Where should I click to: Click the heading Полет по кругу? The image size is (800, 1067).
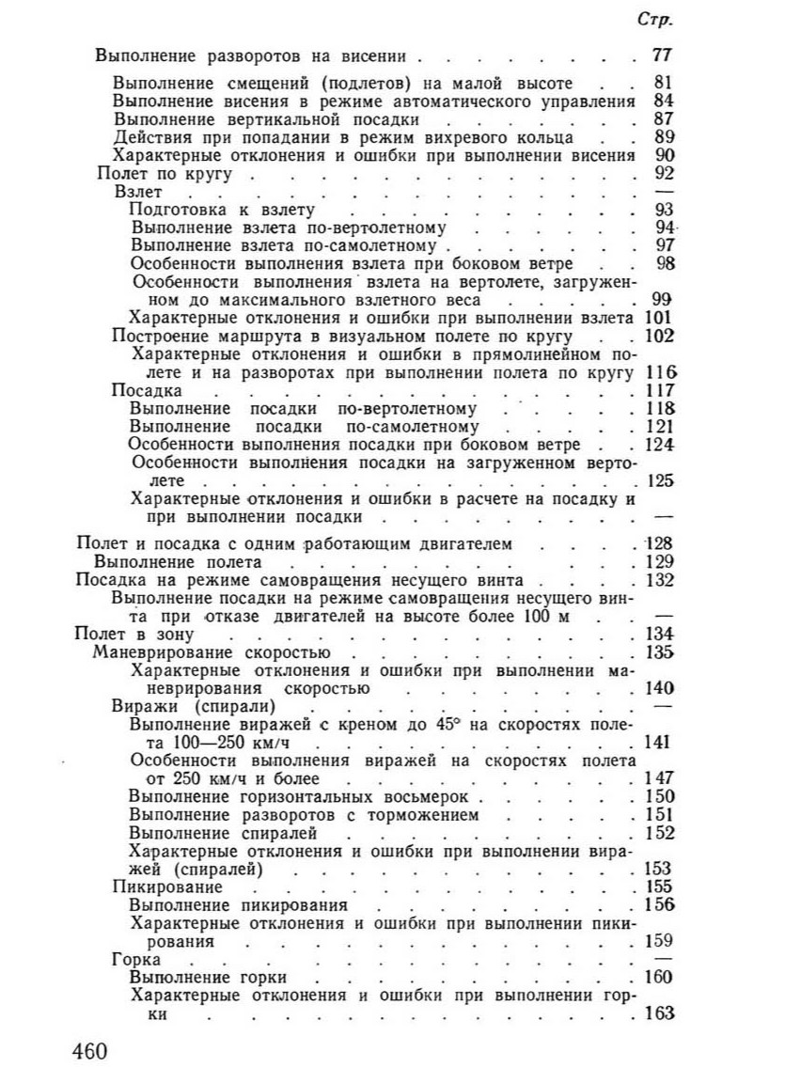point(165,175)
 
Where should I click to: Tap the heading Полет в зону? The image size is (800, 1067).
point(118,634)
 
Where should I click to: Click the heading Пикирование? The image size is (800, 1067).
point(167,886)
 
